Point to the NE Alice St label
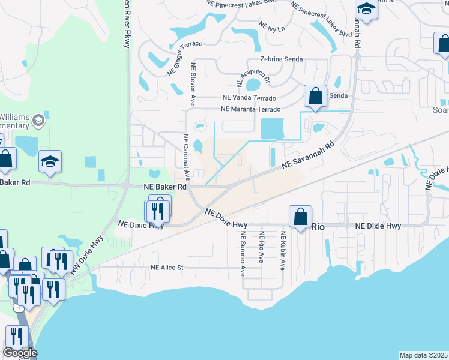pos(166,268)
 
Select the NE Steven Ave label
pos(193,82)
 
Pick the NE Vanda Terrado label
pos(249,98)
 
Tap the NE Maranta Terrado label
pos(250,109)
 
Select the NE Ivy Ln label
pos(271,27)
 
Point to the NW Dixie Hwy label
pos(86,256)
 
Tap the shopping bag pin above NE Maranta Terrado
pos(315,96)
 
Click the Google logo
pos(20,352)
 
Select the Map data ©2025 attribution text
pos(423,355)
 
